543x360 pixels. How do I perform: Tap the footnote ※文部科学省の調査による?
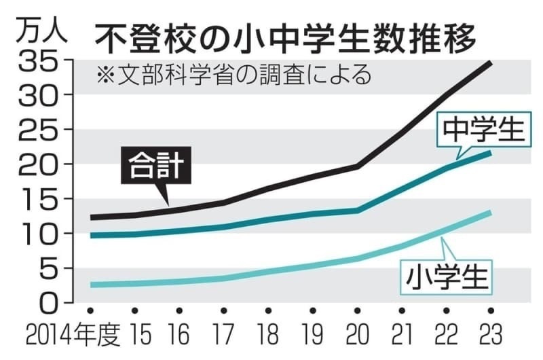click(x=233, y=73)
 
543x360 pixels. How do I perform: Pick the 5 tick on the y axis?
click(x=52, y=268)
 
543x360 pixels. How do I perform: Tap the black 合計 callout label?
click(x=155, y=166)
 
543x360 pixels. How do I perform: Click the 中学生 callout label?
click(x=483, y=128)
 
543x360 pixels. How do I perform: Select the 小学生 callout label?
click(x=449, y=277)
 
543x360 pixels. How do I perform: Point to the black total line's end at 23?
click(x=490, y=62)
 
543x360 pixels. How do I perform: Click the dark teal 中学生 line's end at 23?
click(x=490, y=153)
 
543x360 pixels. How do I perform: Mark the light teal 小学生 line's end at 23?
click(x=490, y=213)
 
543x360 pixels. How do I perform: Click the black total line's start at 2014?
click(x=92, y=217)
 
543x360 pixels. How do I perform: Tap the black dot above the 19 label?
click(x=312, y=311)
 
